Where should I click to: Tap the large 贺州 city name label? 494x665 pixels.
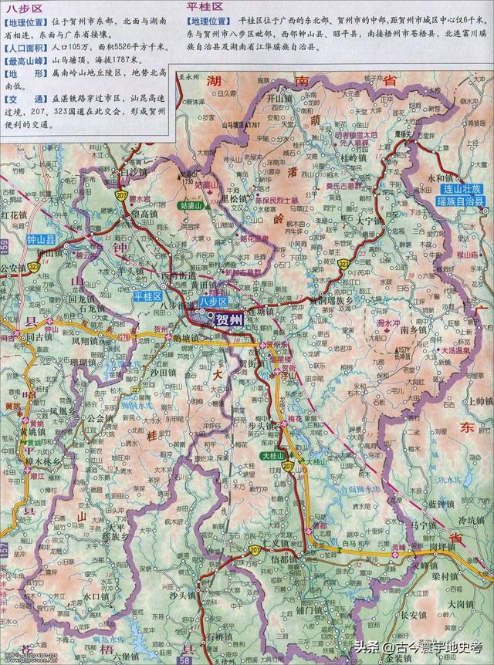(x=229, y=319)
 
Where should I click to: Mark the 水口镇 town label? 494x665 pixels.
(x=100, y=596)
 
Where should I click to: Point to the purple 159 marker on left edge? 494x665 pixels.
(x=4, y=248)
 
